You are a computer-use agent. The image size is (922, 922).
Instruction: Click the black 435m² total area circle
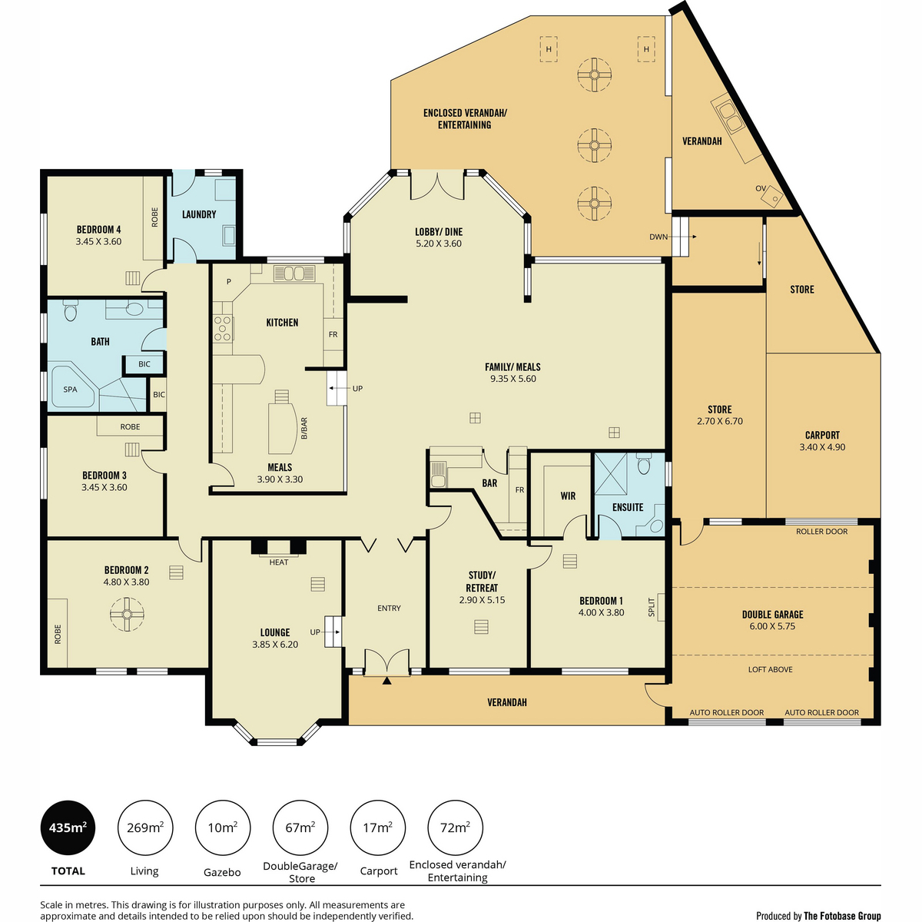click(68, 827)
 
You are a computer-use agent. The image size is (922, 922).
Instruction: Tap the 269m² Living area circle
click(145, 827)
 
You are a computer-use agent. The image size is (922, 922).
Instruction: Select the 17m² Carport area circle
click(377, 827)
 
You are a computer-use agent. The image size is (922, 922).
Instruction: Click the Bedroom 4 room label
click(98, 230)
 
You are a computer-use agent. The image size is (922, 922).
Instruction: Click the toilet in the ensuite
click(644, 464)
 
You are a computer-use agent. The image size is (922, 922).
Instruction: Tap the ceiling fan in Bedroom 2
click(127, 615)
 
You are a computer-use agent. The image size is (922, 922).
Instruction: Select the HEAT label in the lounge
click(278, 562)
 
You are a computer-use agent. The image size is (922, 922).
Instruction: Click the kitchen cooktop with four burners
click(223, 328)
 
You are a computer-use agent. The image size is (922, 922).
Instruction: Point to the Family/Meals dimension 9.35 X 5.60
click(513, 379)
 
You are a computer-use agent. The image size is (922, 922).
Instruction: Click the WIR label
click(568, 496)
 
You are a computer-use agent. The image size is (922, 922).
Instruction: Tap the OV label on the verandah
click(761, 188)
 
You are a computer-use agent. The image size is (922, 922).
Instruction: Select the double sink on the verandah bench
click(731, 118)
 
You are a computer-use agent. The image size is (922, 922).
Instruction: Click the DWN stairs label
click(658, 237)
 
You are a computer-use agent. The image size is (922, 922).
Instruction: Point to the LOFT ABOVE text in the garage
click(771, 669)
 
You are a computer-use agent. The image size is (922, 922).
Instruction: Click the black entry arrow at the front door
click(386, 681)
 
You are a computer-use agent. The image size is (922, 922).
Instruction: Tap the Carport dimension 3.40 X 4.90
click(822, 447)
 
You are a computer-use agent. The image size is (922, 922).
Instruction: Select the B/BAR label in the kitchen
click(304, 428)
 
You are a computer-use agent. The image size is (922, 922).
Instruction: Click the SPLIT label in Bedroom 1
click(652, 607)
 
